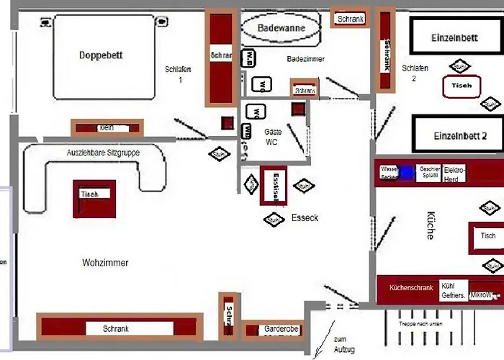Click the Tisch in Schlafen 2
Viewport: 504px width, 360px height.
462,85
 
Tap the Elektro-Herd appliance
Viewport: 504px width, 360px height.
455,174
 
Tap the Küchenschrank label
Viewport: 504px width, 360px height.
411,287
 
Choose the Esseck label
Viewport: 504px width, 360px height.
305,217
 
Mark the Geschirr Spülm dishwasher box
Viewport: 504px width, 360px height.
430,174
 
